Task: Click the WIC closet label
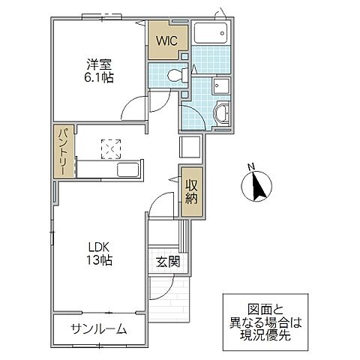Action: coord(166,41)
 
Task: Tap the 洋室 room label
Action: coord(94,64)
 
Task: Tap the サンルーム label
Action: coord(98,329)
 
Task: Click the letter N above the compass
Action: coord(253,166)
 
